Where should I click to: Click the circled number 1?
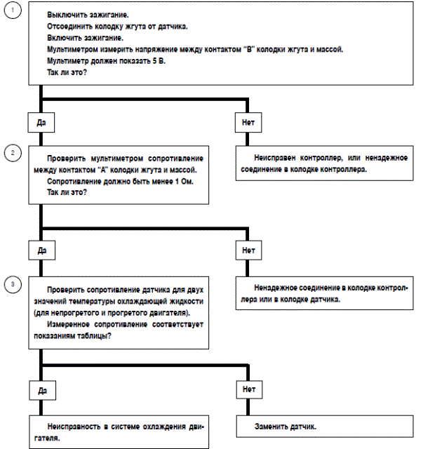pyautogui.click(x=11, y=14)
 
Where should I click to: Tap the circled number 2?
pyautogui.click(x=11, y=152)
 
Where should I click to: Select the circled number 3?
pyautogui.click(x=11, y=284)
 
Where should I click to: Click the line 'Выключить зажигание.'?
pyautogui.click(x=88, y=14)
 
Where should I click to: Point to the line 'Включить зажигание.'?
pyautogui.click(x=86, y=38)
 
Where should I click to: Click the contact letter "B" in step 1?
pyautogui.click(x=269, y=50)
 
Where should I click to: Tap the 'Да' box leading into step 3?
pyautogui.click(x=41, y=249)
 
